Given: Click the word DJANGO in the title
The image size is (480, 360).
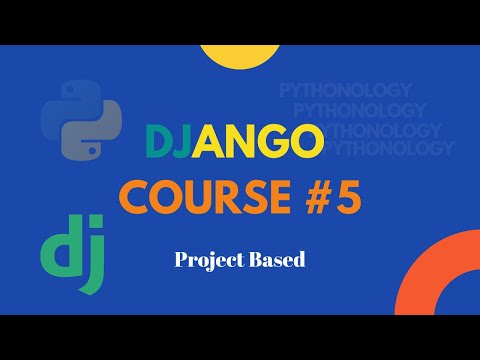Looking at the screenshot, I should (234, 143).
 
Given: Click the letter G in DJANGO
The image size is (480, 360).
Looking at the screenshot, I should (273, 143).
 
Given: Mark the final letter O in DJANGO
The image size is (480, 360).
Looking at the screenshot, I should (307, 143).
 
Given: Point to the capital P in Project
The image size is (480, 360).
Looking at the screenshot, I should (181, 260).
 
